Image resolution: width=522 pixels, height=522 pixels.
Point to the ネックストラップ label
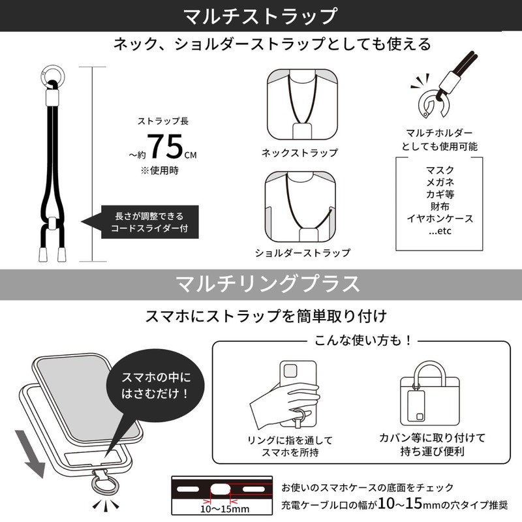coord(299,153)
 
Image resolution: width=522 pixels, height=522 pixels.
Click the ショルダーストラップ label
coord(303,253)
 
